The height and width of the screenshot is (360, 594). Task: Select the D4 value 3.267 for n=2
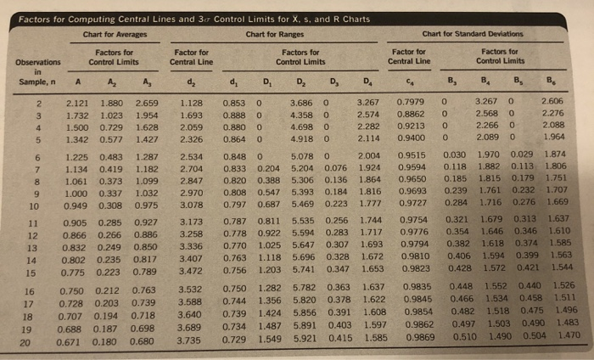367,103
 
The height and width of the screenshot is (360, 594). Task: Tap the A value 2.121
79,104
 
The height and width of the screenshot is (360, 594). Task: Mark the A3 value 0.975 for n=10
145,205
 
